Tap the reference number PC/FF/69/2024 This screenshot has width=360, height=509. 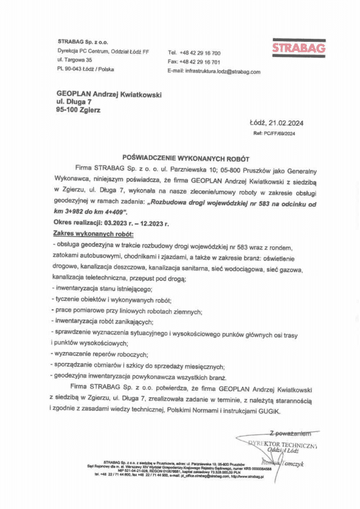coord(281,133)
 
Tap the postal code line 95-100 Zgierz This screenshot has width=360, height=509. coord(78,111)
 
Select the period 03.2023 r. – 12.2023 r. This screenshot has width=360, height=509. coord(133,223)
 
